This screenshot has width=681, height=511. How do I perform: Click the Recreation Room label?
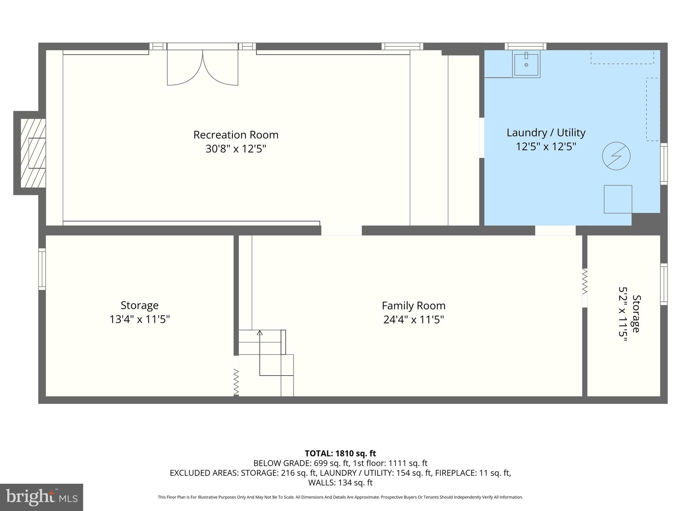coord(236,135)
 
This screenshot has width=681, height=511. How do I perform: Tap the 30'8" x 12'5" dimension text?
coord(236,149)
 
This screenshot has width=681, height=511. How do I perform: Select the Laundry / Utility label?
coord(546,132)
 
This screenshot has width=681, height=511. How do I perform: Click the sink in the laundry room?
coord(526,64)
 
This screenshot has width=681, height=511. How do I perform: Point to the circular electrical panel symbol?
coord(616,156)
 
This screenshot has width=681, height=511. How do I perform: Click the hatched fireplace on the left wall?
coord(33,153)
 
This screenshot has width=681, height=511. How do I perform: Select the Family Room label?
coord(413,305)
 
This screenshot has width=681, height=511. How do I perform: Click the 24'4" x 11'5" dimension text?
coord(413,320)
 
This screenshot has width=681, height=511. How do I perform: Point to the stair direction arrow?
coord(260,333)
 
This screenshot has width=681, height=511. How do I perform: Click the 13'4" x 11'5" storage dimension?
coord(140,319)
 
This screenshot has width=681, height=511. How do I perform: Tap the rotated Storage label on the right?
coord(635,314)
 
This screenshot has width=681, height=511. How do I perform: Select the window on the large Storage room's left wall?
coord(42,269)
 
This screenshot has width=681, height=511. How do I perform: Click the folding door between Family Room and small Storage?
coord(585,282)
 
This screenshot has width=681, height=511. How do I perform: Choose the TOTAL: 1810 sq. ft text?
coord(340,453)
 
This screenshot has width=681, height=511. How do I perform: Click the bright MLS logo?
coord(42,497)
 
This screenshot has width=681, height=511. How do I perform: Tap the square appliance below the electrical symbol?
coord(618,199)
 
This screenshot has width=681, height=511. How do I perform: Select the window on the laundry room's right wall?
coord(663,164)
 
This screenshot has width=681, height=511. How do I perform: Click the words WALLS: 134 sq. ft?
coord(340,482)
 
